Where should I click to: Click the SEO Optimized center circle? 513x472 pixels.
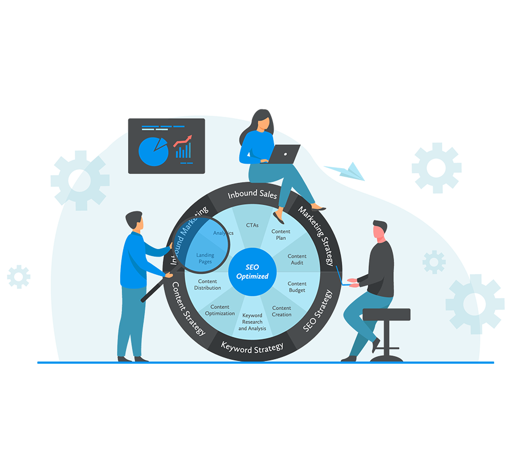[253, 272]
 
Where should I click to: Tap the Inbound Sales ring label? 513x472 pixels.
[252, 195]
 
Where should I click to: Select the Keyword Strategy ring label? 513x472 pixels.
[252, 347]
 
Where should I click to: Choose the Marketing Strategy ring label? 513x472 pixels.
[316, 237]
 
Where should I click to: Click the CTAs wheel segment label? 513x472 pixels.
[252, 225]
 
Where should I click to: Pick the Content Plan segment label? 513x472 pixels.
[281, 235]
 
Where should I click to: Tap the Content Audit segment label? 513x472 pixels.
[297, 259]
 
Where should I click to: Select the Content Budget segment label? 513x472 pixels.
[297, 287]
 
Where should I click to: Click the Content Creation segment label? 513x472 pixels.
[282, 311]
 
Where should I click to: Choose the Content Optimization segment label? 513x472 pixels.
[220, 310]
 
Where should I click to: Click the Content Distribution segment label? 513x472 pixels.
[207, 284]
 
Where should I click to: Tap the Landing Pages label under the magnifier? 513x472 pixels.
[205, 258]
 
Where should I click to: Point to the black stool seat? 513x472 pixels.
[386, 314]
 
